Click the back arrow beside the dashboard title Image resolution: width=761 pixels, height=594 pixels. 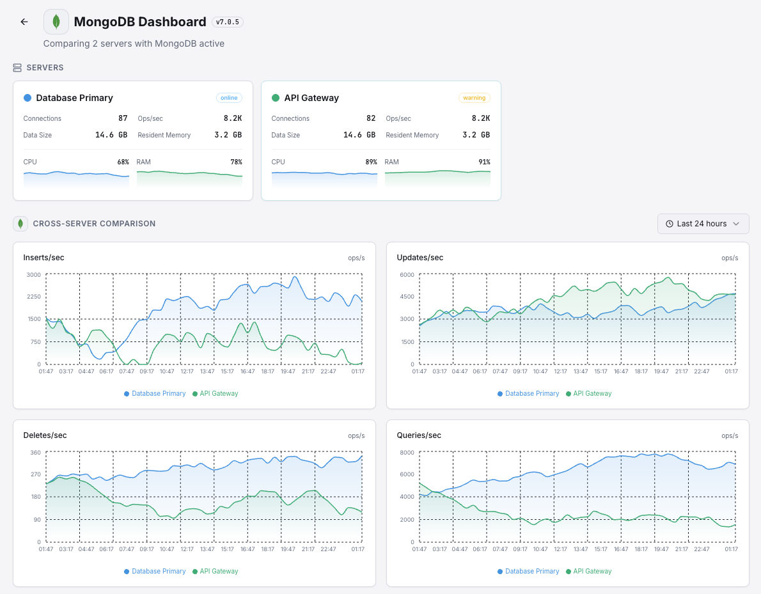pos(24,22)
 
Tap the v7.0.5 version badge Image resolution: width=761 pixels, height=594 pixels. pos(228,22)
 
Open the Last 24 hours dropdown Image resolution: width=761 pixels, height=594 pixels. pos(703,224)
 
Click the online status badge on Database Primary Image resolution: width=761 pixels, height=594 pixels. pos(229,98)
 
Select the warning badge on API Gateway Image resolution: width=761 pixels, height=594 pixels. pos(474,98)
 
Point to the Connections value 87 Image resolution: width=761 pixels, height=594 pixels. pos(123,118)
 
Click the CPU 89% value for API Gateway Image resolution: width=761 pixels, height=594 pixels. pos(371,162)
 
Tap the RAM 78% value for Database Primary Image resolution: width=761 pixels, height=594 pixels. pos(236,162)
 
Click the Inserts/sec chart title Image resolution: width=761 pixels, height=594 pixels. pos(43,258)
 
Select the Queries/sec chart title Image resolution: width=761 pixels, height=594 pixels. pos(419,435)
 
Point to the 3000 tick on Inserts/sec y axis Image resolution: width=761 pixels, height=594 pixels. pos(33,275)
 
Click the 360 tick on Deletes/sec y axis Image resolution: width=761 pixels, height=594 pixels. pos(35,453)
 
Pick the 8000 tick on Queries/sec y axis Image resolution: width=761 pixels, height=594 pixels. pos(407,453)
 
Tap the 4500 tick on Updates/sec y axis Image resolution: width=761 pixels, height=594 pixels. pos(407,297)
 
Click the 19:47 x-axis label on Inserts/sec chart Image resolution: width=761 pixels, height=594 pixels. pos(288,371)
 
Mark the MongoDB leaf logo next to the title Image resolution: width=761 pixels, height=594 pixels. pos(56,22)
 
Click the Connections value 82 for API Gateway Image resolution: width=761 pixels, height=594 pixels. pos(371,118)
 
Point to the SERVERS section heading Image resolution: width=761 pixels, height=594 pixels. pos(45,68)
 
